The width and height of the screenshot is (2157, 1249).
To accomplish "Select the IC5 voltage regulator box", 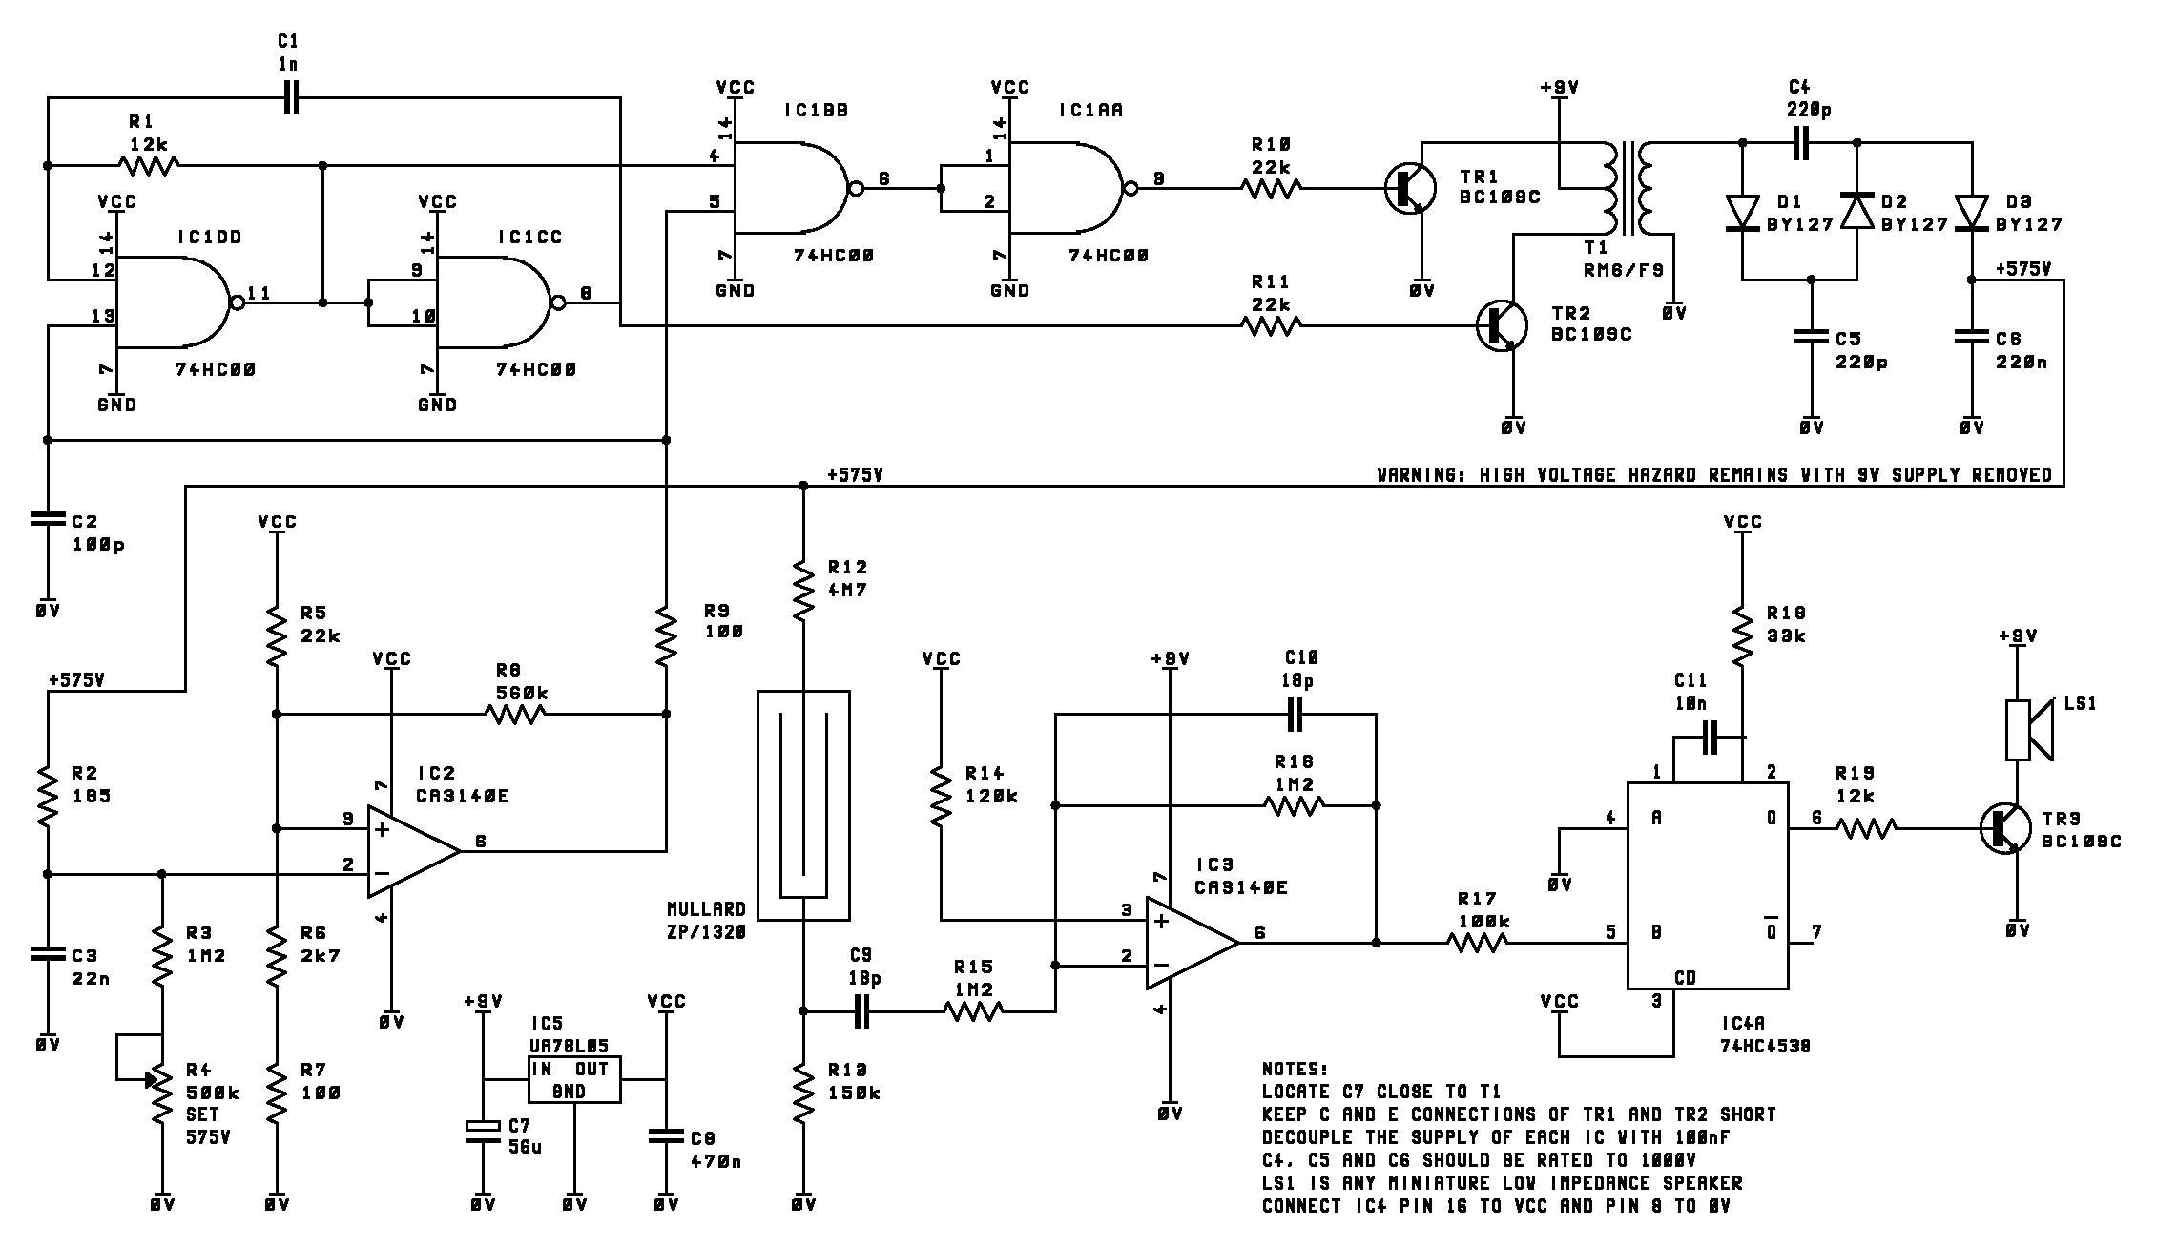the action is [x=575, y=1079].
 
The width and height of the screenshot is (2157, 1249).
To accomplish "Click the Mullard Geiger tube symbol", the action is [x=803, y=805].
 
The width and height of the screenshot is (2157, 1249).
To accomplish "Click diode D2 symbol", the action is [x=1856, y=211].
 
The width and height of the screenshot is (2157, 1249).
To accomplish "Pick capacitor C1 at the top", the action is [x=291, y=97].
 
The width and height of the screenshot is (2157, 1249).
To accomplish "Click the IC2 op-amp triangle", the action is [x=414, y=851].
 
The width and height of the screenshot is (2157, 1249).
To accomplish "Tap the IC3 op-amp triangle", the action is [x=1193, y=943].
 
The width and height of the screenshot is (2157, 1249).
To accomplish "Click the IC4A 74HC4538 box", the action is [x=1708, y=885].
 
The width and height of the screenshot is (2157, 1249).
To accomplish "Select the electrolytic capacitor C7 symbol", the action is [x=483, y=1130].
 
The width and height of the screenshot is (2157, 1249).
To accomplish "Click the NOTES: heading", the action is [x=1296, y=1069].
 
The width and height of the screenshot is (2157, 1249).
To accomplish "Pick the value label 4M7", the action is [x=848, y=590].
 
